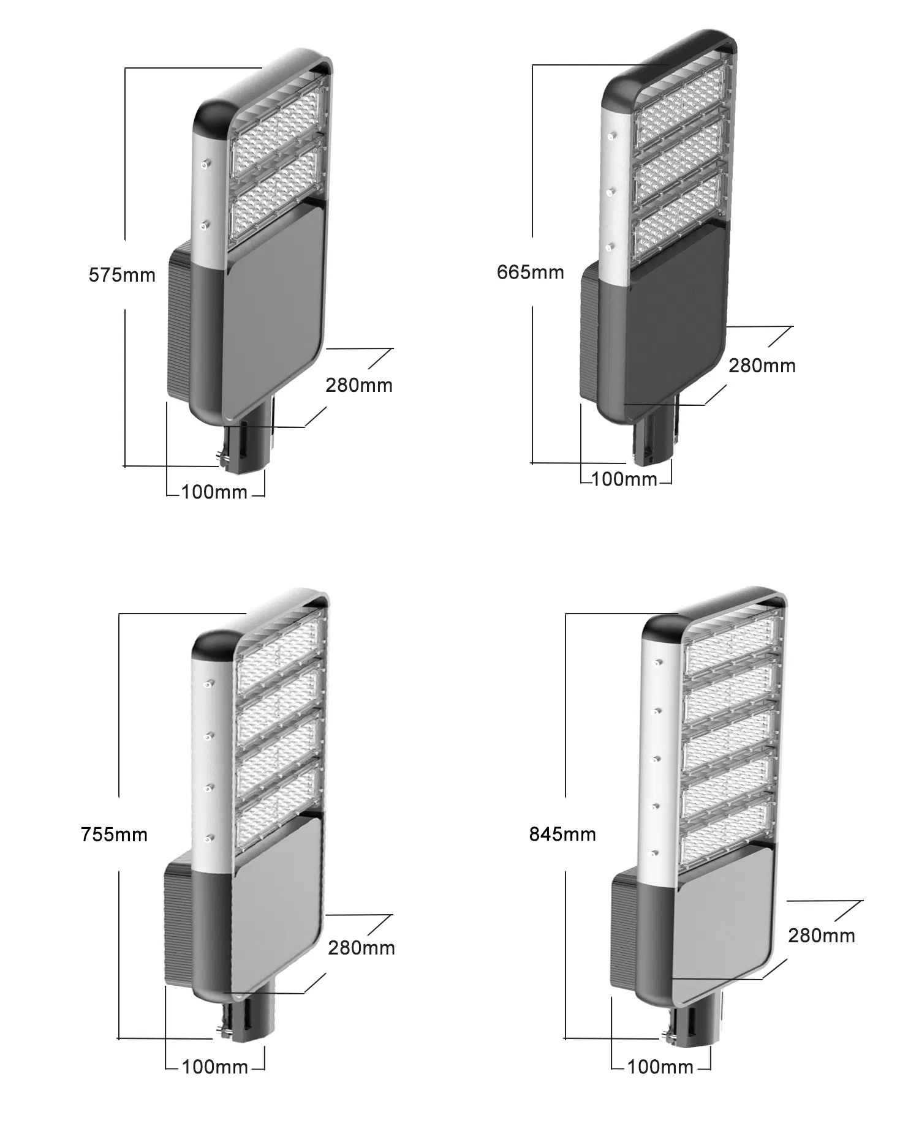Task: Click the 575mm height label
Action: click(x=122, y=275)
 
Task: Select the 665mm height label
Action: click(x=530, y=272)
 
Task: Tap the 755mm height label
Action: click(x=114, y=835)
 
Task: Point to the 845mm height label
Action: click(x=562, y=834)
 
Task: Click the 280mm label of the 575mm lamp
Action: click(x=359, y=385)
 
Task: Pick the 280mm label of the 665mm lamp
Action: click(x=762, y=366)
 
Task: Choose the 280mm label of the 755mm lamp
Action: click(x=361, y=948)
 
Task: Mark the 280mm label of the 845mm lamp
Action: click(x=822, y=936)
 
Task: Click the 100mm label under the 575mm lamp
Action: click(x=214, y=492)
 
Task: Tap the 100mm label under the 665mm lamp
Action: click(x=624, y=479)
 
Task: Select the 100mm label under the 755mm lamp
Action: click(x=215, y=1067)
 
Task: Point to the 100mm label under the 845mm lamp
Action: click(x=660, y=1067)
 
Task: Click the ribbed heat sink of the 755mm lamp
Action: click(x=178, y=906)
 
